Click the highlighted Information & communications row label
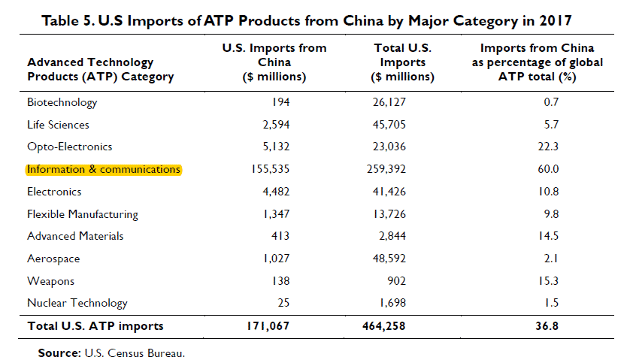[104, 170]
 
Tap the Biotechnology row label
[62, 102]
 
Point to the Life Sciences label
[59, 125]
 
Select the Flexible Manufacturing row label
[83, 214]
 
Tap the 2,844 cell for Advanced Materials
[392, 236]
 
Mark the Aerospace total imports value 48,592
[389, 259]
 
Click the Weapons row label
[51, 281]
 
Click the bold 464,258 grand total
[386, 326]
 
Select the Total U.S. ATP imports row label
[95, 326]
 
